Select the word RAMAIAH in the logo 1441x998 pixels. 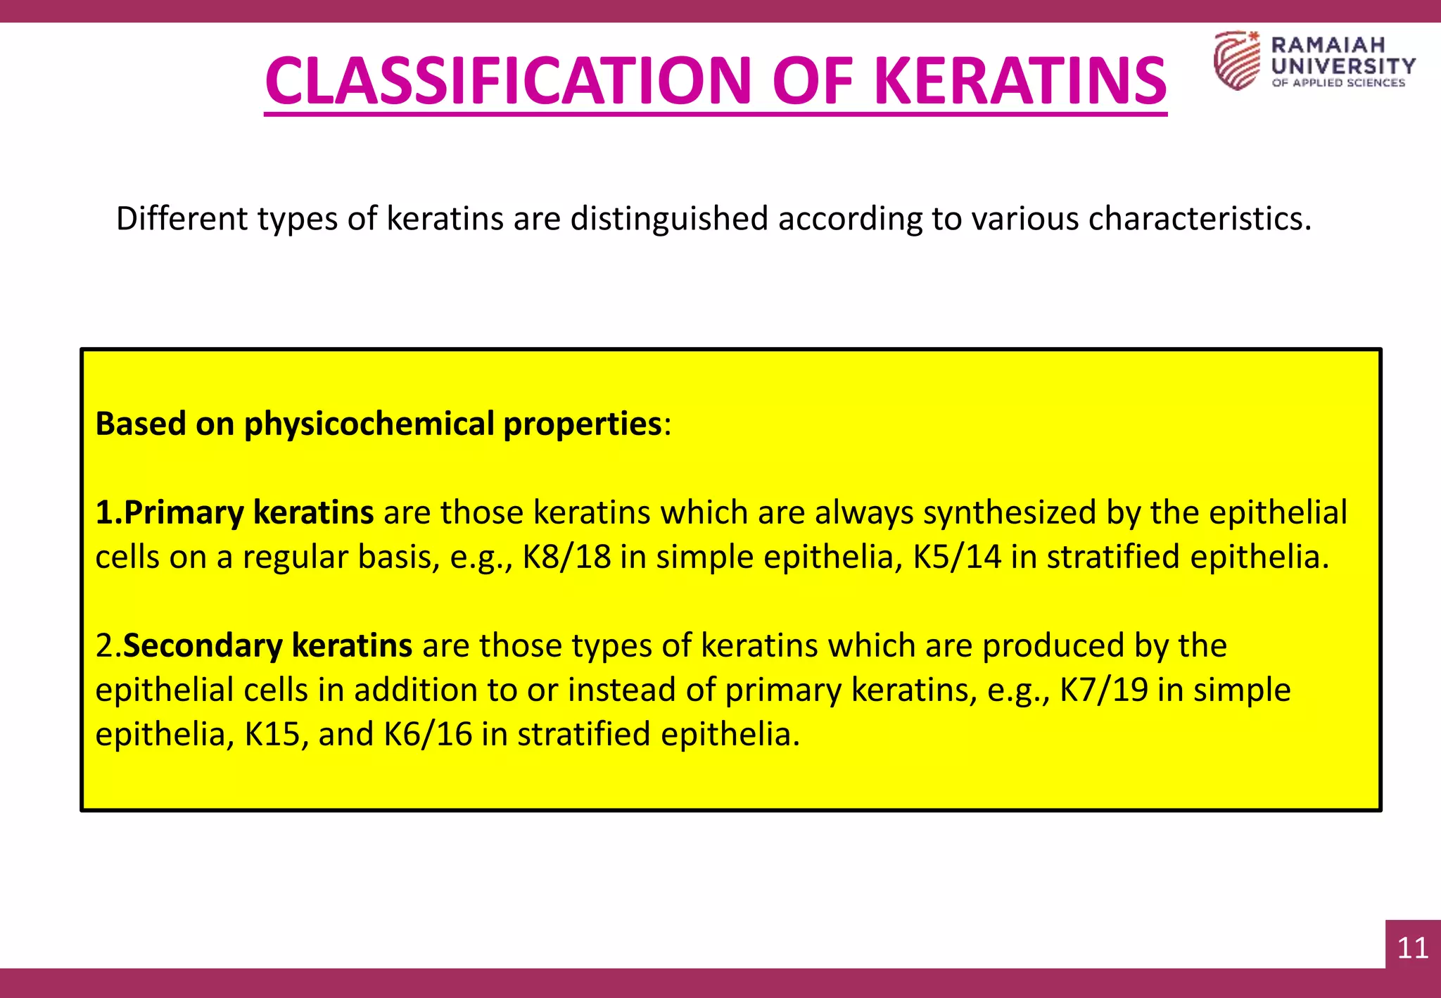pyautogui.click(x=1328, y=45)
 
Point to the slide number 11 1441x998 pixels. pyautogui.click(x=1412, y=948)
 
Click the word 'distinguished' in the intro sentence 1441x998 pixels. pyautogui.click(x=668, y=219)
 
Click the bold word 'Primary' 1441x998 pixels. pyautogui.click(x=184, y=512)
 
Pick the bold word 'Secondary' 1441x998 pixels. pyautogui.click(x=203, y=645)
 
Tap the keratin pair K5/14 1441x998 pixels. pyautogui.click(x=957, y=557)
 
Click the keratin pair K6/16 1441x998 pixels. pyautogui.click(x=428, y=734)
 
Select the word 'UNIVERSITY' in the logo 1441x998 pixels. pyautogui.click(x=1343, y=66)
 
